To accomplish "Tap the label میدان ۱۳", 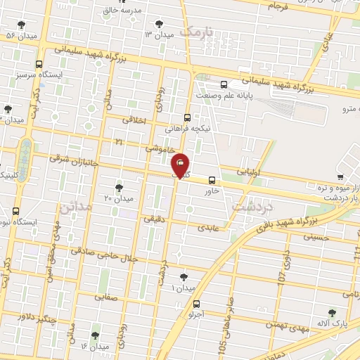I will (158, 34).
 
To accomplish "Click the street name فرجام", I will (278, 6).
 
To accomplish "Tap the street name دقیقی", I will (154, 219).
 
